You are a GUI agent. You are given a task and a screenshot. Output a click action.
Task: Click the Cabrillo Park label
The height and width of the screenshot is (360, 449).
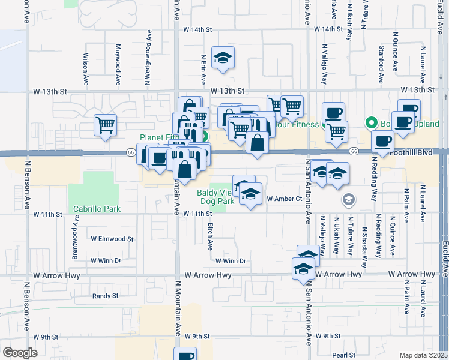(97, 209)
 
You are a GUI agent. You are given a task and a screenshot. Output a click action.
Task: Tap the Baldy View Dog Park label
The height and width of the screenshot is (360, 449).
(215, 197)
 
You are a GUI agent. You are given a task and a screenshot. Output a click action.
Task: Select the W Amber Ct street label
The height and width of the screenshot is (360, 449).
(283, 199)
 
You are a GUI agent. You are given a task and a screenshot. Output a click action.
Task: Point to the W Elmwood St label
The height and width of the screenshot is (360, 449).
(112, 239)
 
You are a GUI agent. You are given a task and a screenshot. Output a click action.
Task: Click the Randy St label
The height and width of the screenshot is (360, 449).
(105, 296)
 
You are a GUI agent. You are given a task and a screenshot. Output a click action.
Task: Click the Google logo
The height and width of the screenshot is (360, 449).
(20, 353)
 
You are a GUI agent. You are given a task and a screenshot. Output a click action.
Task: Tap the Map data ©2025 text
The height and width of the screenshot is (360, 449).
(424, 355)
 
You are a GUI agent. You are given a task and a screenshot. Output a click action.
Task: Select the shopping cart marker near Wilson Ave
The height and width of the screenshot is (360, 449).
(105, 125)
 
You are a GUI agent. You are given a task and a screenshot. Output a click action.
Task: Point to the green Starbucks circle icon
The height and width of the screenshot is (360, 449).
(371, 124)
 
